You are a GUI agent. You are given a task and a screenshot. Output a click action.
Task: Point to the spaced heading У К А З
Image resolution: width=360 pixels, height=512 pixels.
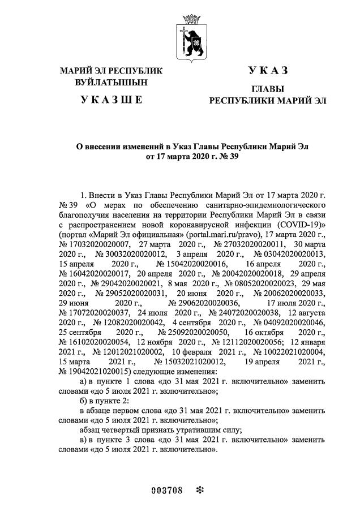pos(268,70)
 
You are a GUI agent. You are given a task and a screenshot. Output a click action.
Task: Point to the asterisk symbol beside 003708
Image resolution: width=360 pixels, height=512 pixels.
pos(199,489)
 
